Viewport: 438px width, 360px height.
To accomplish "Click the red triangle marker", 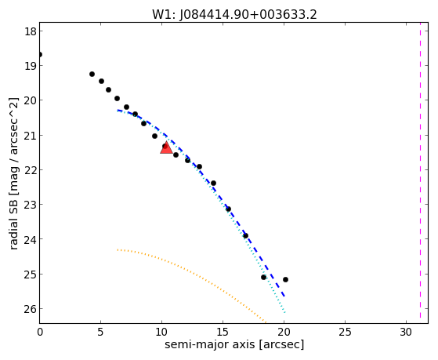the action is pos(166,147).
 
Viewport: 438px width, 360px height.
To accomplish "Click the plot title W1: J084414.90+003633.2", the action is pos(234,15).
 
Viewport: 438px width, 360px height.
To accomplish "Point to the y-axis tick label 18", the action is pos(31,31).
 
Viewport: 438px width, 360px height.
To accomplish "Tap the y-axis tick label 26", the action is pos(31,308).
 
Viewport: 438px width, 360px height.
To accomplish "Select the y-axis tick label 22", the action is pos(31,169).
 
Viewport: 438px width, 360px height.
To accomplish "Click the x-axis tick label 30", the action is pos(406,333).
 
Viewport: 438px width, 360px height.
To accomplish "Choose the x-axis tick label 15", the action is pos(223,333).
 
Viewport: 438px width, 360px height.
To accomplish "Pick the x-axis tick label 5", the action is pos(100,333).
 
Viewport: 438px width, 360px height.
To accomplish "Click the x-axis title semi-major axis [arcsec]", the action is pos(234,344).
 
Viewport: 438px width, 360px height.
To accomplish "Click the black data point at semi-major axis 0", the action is pos(40,54).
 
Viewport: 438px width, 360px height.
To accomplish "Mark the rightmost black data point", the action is pos(285,279).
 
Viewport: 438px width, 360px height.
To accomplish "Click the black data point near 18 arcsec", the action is pos(263,277).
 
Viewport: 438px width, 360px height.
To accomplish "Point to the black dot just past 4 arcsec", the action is pos(92,75).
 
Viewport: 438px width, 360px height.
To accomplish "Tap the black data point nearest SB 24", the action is pos(245,236).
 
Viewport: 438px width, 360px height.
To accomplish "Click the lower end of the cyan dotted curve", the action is pos(284,312).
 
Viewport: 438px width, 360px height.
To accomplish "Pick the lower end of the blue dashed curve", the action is pos(284,296).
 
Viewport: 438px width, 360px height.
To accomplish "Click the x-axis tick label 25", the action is pos(345,333).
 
